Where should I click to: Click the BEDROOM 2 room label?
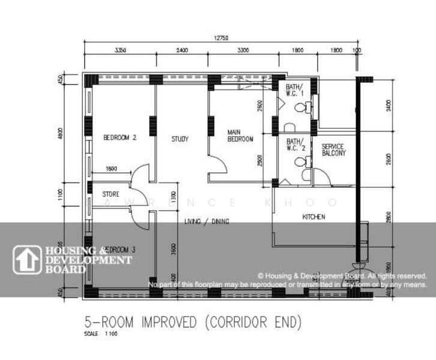coord(120,137)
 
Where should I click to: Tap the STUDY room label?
coord(180,139)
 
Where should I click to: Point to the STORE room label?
coord(111,194)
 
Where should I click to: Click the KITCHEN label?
coord(313,217)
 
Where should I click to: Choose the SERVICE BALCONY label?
coord(334,150)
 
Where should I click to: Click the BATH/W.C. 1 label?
coord(294,90)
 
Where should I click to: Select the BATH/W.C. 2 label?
coord(294,144)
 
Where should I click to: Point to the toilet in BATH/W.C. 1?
coord(306,108)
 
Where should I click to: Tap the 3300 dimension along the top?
coord(243,50)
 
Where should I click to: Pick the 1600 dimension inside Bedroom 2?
coord(111,169)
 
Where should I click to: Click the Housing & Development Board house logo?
coord(27,260)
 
